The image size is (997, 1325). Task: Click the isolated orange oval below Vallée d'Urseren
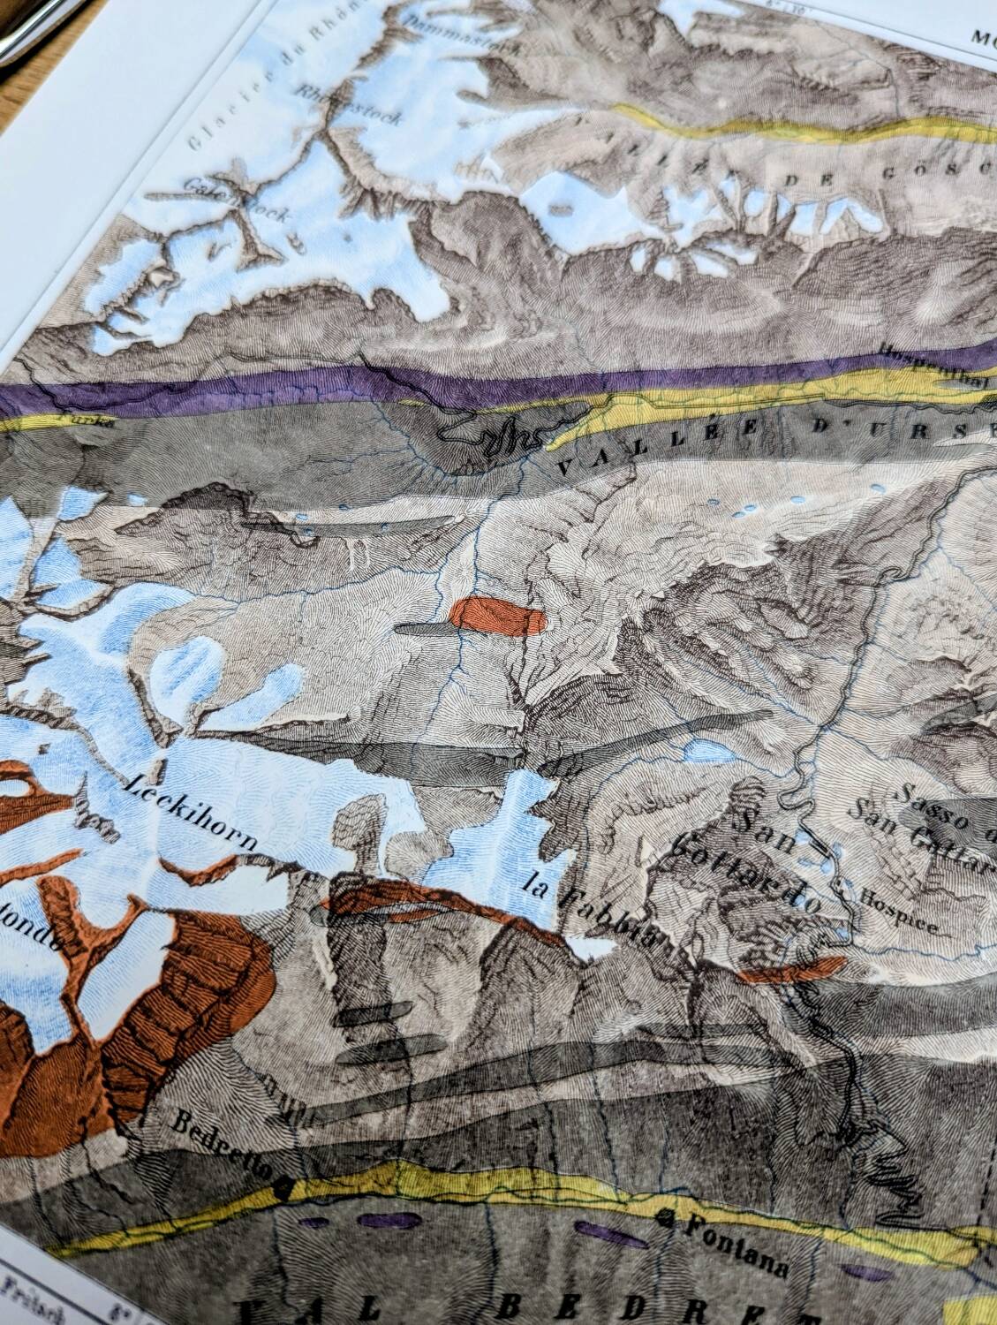pyautogui.click(x=497, y=617)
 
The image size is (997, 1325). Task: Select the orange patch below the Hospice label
pyautogui.click(x=790, y=971)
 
